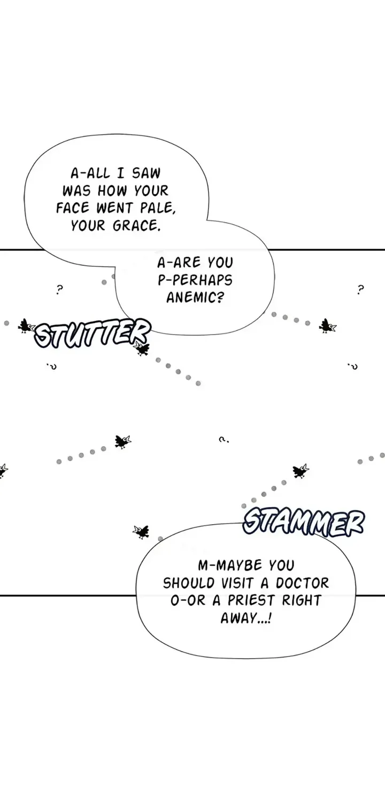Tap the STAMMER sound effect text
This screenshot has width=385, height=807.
[x=303, y=523]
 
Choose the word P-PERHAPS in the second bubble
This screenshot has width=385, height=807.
[x=195, y=280]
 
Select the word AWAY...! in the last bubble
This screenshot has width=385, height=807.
[x=246, y=618]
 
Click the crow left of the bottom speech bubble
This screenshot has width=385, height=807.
[x=141, y=531]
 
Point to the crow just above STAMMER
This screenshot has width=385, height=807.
[x=301, y=471]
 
